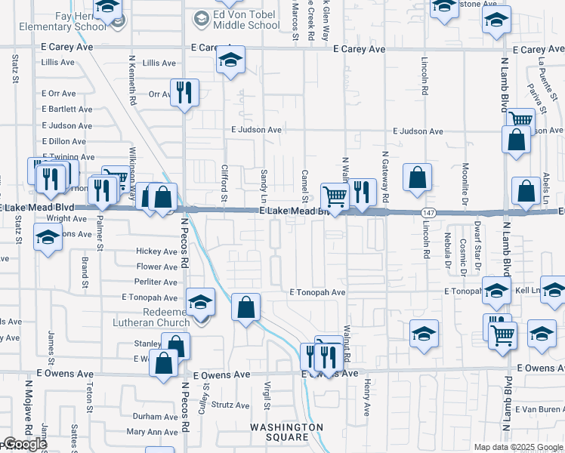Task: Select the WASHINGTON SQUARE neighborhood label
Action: click(279, 432)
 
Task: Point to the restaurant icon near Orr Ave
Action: click(184, 93)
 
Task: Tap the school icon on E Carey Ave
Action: click(230, 60)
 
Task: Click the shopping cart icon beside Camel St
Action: click(335, 196)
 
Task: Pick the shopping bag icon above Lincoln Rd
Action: click(417, 177)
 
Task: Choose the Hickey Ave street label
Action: click(156, 251)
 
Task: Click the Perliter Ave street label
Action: click(156, 282)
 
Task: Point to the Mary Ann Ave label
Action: click(152, 433)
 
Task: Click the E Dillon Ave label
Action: click(64, 141)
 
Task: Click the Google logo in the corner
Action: click(24, 444)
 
